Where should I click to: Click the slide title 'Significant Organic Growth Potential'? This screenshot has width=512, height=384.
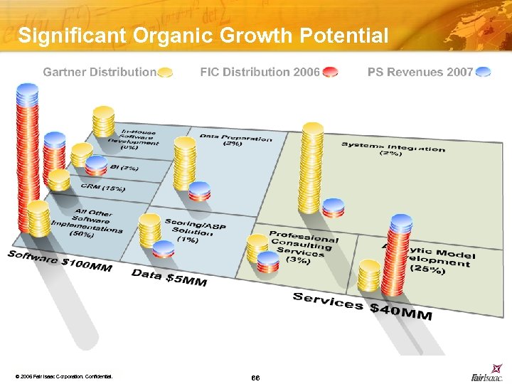(203, 36)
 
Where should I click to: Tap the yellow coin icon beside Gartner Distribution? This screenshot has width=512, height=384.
(165, 72)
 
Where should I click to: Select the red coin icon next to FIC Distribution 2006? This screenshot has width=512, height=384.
(330, 72)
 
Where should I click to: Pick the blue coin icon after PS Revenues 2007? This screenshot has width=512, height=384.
(484, 72)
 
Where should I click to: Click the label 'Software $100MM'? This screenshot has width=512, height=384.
(60, 263)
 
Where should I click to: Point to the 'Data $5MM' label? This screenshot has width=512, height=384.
(169, 277)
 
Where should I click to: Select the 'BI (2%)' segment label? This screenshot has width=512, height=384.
(125, 168)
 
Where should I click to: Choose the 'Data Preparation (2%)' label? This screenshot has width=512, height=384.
(235, 139)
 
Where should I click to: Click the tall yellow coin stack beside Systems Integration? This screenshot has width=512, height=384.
(312, 168)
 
